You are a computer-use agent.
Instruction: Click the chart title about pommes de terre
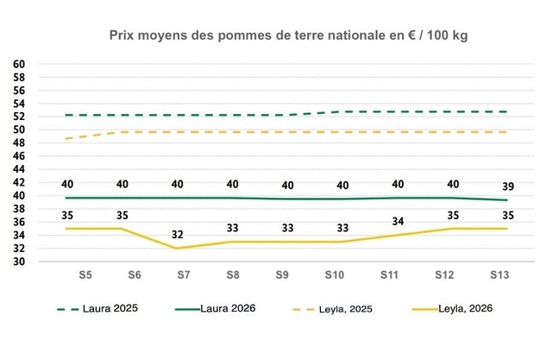point(289,36)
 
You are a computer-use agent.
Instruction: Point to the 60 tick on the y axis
point(18,64)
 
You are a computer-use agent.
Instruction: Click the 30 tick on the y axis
point(18,262)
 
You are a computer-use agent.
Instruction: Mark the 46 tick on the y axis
point(18,156)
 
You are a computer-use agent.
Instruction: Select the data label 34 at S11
point(398,222)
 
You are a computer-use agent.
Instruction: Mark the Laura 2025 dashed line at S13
point(506,111)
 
